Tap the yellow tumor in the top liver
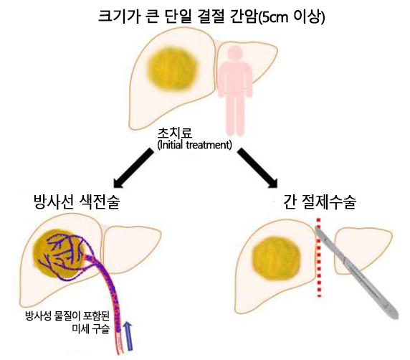[x=172, y=70]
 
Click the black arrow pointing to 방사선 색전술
[x=133, y=168]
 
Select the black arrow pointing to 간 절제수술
[x=258, y=168]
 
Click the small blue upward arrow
[x=128, y=336]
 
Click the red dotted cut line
[x=319, y=257]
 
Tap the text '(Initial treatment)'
[x=194, y=145]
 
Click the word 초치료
[x=174, y=133]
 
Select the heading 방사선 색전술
[x=77, y=202]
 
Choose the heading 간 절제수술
[x=320, y=202]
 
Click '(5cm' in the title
[x=273, y=17]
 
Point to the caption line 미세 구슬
[x=90, y=328]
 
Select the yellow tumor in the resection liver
[x=276, y=258]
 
